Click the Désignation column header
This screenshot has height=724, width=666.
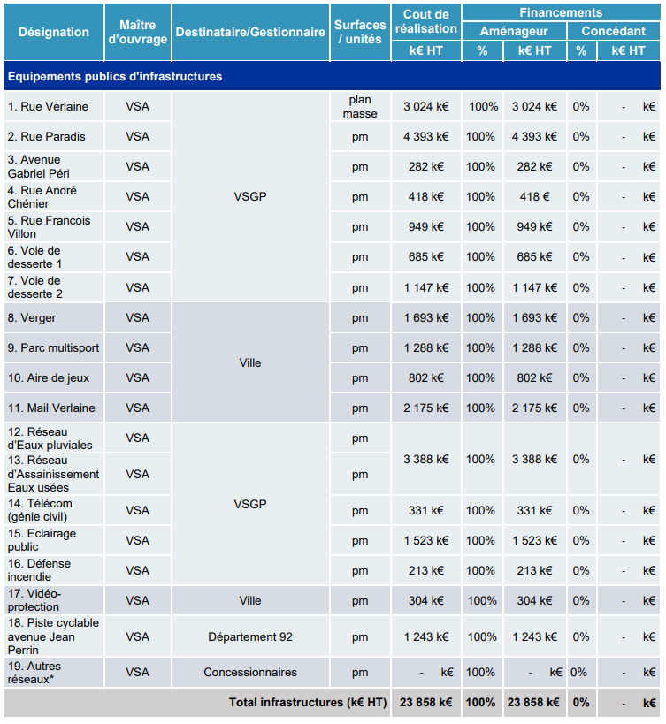[54, 32]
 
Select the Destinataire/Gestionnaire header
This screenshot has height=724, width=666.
[250, 32]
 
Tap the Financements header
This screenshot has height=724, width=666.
[561, 12]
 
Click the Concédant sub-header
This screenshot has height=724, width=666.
[613, 31]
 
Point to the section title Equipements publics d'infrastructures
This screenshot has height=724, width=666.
[115, 76]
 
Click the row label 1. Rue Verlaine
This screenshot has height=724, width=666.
[48, 107]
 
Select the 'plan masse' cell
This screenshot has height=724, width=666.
[360, 107]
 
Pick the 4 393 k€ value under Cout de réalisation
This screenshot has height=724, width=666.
[425, 137]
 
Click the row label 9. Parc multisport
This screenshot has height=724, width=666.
[54, 347]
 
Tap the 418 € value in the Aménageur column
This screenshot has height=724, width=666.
[534, 197]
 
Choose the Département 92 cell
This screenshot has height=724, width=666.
[250, 636]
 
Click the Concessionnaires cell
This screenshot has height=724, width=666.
[250, 672]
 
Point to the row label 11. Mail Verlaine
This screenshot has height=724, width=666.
[51, 408]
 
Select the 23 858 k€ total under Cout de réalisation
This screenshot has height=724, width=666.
[425, 702]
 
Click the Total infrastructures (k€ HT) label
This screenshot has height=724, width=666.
[308, 702]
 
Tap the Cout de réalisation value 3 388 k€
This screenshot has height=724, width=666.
[425, 459]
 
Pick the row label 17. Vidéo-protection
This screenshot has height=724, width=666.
[34, 599]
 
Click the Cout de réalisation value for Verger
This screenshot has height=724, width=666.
[425, 317]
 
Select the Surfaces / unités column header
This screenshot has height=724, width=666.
[360, 32]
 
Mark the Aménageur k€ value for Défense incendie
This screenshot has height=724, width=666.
[534, 571]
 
